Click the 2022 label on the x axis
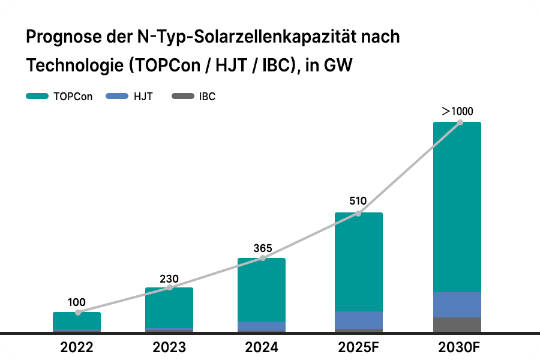[x=77, y=347]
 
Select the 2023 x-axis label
[x=169, y=347]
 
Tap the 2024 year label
[x=262, y=347]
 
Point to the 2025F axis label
[x=358, y=347]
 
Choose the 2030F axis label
[x=457, y=347]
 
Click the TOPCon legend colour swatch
[x=37, y=96]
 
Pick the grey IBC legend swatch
[x=182, y=96]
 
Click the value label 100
[x=77, y=302]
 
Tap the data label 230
[x=169, y=278]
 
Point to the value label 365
[x=262, y=248]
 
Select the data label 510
[x=358, y=202]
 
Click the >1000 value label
[x=457, y=111]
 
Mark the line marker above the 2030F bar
[x=460, y=122]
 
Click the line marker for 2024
[x=262, y=259]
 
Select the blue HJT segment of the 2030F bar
[x=457, y=305]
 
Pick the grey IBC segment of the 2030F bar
[x=457, y=324]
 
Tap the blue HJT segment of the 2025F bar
[x=359, y=320]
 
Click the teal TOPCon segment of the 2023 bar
[x=169, y=308]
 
